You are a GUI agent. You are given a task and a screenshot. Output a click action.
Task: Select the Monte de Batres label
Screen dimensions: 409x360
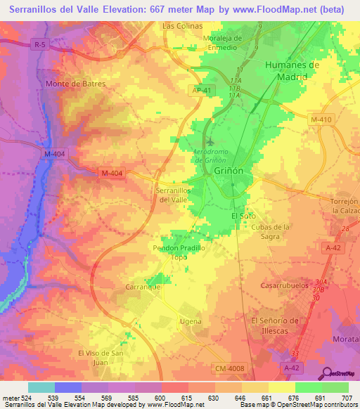pos(75,84)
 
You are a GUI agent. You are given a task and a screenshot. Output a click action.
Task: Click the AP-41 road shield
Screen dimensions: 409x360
pos(200,90)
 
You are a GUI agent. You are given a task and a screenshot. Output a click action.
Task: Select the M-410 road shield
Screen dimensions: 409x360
pos(320,120)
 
